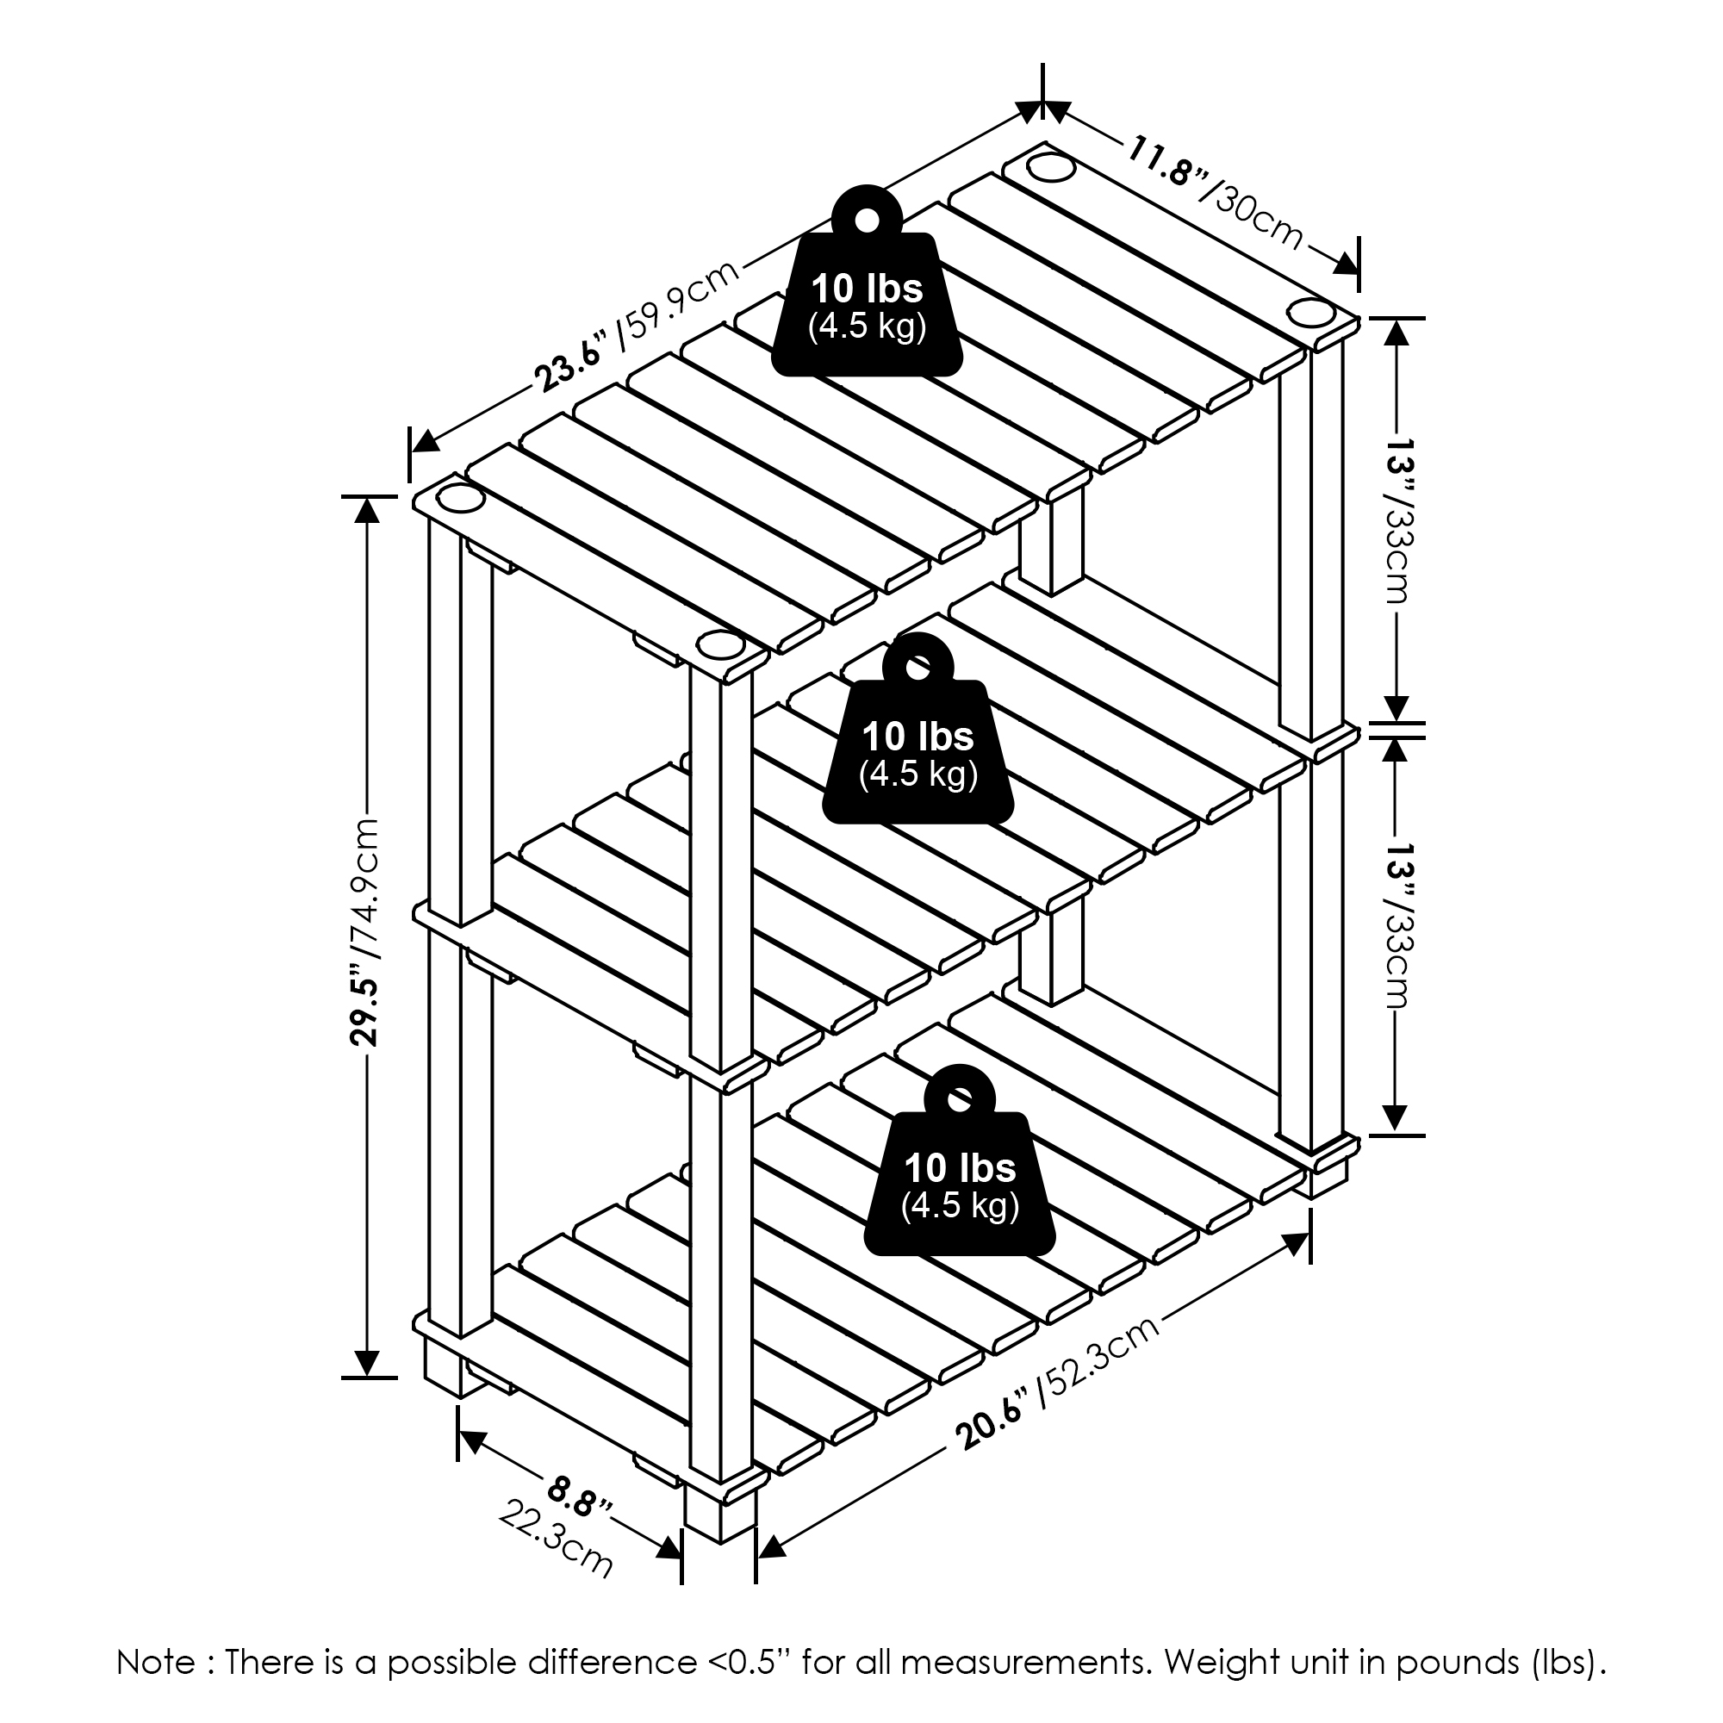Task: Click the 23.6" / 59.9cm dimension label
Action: (x=638, y=326)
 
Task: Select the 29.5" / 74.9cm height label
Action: (x=364, y=931)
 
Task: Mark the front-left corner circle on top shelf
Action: (x=458, y=499)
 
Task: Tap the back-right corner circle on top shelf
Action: (x=1307, y=314)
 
